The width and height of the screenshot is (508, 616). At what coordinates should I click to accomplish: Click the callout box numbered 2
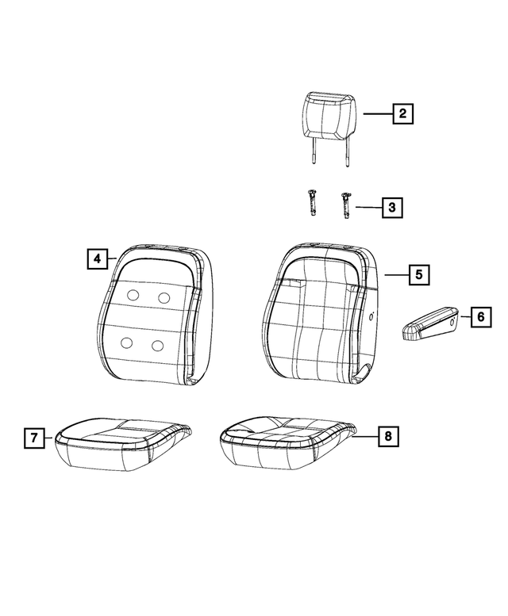(x=402, y=113)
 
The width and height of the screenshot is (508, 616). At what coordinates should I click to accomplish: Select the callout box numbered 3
(x=392, y=207)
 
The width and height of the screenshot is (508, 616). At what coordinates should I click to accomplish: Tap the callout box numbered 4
(x=98, y=258)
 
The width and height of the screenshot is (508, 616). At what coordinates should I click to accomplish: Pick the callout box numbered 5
(x=419, y=274)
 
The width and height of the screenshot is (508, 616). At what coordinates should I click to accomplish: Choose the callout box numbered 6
(x=481, y=316)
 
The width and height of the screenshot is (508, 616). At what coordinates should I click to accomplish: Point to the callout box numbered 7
(x=34, y=438)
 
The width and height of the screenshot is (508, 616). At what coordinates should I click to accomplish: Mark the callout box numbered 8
(x=388, y=436)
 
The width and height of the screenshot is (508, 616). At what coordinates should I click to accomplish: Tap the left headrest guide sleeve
(x=313, y=203)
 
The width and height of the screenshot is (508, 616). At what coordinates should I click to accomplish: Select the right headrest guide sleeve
(x=345, y=205)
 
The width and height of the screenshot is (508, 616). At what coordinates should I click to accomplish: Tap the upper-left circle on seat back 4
(x=133, y=295)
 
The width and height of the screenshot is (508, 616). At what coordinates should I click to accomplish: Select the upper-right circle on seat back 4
(x=164, y=297)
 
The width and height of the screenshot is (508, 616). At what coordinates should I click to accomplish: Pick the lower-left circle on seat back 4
(x=126, y=342)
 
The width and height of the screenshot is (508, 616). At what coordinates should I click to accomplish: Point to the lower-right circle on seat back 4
(x=157, y=346)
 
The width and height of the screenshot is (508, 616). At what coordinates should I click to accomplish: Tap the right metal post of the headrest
(x=347, y=152)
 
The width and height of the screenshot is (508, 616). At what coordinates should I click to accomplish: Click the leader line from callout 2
(x=378, y=113)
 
